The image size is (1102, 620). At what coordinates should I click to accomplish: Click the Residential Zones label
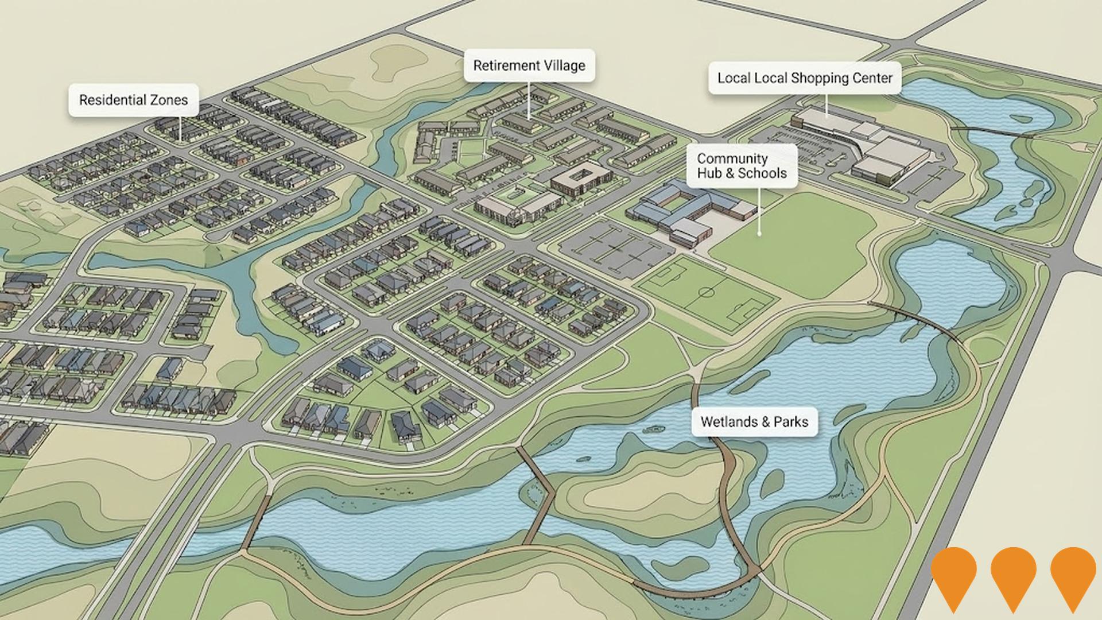click(133, 100)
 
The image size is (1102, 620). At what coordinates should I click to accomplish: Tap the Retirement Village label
click(529, 65)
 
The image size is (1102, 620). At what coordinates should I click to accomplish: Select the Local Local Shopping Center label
click(805, 78)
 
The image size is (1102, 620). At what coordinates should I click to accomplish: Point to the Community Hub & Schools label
click(742, 166)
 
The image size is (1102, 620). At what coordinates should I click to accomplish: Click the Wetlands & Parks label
click(754, 422)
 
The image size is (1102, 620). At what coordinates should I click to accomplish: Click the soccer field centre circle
click(707, 293)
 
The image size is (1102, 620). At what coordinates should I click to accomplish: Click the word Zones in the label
click(169, 100)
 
